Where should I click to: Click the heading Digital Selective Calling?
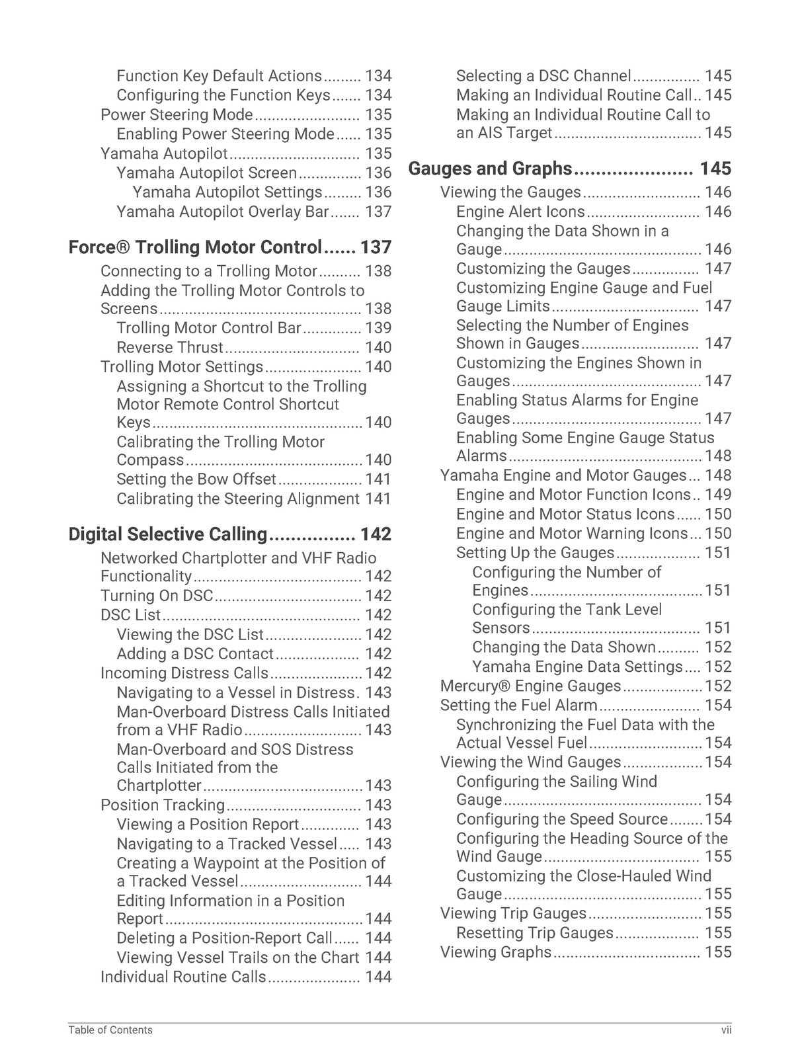(168, 534)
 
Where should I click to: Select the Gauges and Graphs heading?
(490, 169)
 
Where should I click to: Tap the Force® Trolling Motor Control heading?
(195, 247)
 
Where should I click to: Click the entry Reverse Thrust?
(170, 348)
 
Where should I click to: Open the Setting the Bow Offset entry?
(196, 479)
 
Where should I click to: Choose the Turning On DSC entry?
(157, 596)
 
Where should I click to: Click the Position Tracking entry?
(163, 805)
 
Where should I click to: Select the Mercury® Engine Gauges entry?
(530, 686)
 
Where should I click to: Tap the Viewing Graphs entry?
(495, 952)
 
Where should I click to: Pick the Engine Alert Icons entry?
(520, 212)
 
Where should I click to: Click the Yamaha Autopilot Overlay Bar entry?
(222, 212)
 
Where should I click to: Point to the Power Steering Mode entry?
(177, 115)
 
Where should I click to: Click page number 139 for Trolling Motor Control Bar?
(378, 329)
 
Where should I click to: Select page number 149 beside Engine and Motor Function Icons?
(718, 495)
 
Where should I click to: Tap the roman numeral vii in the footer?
(726, 1030)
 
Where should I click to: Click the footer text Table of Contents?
(110, 1030)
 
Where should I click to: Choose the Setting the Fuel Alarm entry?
(518, 706)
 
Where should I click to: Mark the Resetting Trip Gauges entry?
(534, 933)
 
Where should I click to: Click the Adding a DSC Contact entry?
(194, 654)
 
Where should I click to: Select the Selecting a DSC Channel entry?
(543, 76)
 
